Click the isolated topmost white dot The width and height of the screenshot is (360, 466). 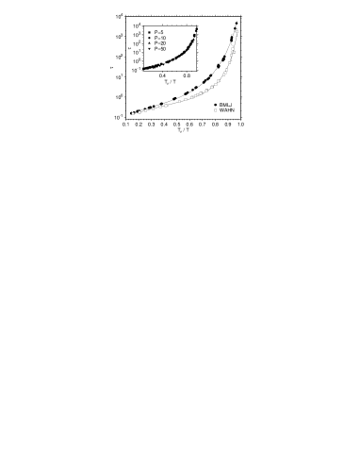237,31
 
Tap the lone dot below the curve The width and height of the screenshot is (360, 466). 215,110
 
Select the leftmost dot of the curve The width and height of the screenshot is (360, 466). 133,113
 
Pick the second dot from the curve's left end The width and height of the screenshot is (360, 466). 139,112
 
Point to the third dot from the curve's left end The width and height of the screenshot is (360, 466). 146,110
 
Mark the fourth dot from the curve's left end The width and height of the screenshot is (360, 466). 153,108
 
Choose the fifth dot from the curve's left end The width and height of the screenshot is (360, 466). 160,107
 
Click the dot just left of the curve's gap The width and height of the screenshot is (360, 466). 166,106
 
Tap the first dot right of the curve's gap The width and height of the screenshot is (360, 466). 180,101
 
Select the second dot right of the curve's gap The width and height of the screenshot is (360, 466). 186,99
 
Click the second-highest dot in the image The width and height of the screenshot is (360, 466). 233,48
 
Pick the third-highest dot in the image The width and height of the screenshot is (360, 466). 234,52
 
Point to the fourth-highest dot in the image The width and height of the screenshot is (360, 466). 231,55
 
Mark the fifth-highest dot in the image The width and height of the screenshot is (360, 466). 229,62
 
